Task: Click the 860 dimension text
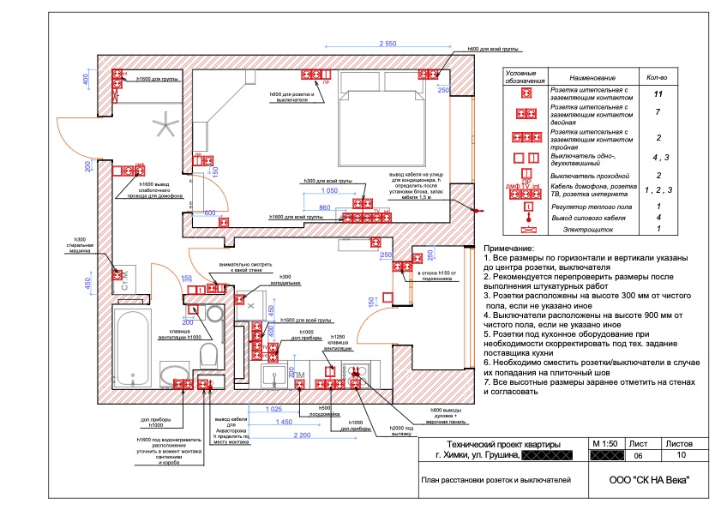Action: pos(324,207)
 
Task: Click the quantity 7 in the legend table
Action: pos(658,113)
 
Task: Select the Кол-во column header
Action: pos(658,76)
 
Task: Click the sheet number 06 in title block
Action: pos(637,457)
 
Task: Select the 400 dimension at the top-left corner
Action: pos(86,80)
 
